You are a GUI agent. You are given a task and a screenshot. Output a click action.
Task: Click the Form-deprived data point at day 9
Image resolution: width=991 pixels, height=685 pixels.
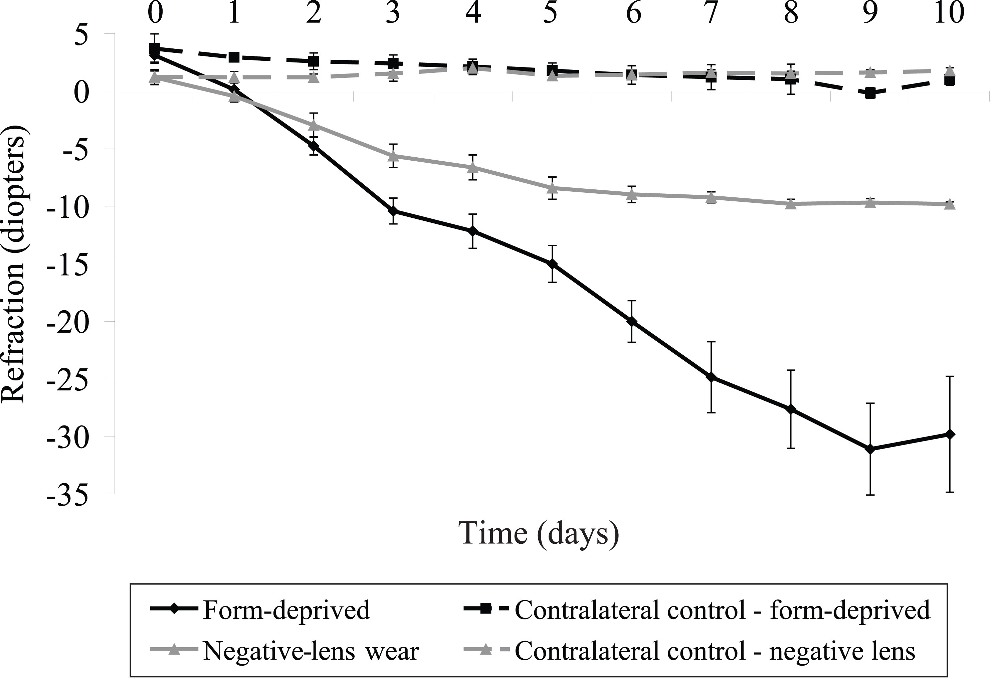point(870,449)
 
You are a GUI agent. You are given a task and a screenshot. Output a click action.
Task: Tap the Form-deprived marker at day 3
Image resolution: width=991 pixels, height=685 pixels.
point(393,211)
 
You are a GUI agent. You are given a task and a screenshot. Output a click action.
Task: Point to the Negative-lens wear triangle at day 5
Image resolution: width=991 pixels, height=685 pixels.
point(553,188)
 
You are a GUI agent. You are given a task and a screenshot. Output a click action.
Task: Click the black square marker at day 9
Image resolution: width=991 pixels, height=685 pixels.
point(870,93)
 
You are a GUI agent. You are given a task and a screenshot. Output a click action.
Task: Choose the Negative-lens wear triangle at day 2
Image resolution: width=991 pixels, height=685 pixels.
point(314,125)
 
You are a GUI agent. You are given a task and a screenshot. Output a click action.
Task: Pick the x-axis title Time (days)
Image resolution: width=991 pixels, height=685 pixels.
point(539,533)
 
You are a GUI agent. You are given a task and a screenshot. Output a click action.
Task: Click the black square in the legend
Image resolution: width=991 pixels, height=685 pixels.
point(485,608)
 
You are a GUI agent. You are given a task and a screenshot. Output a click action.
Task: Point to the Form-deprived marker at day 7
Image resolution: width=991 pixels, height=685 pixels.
point(711,377)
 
